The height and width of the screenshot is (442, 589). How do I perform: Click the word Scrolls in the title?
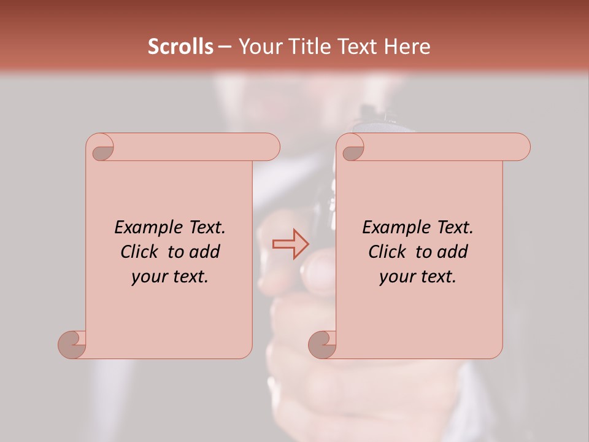click(180, 47)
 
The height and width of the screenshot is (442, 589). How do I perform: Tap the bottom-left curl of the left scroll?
click(72, 344)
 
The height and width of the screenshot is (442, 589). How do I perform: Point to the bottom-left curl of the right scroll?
click(322, 344)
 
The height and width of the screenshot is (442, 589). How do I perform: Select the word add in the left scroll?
click(205, 252)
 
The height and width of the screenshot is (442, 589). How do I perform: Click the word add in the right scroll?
click(453, 252)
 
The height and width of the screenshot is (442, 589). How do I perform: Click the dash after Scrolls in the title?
click(225, 47)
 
